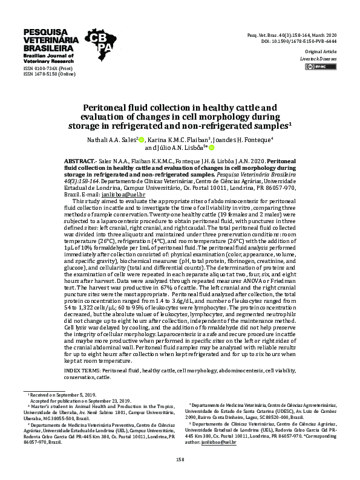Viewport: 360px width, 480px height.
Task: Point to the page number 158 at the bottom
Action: pos(180,459)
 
